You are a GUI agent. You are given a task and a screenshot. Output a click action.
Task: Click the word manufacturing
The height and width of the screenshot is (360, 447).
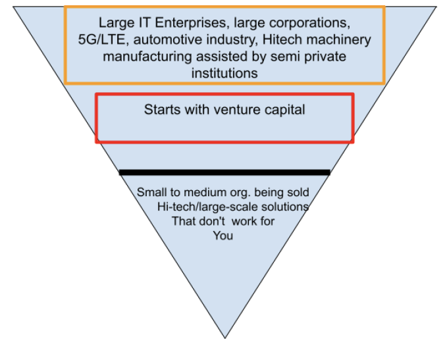(x=142, y=57)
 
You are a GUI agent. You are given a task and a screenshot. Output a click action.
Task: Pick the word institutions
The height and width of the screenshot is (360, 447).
(x=224, y=73)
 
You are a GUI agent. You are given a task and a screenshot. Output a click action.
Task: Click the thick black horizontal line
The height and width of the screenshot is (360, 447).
(x=224, y=172)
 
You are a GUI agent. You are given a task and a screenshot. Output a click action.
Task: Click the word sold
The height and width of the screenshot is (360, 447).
(x=298, y=193)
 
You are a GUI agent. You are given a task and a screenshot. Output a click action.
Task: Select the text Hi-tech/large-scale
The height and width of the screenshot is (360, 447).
(x=209, y=207)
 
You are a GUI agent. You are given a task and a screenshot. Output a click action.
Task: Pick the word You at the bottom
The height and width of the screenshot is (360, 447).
(x=223, y=236)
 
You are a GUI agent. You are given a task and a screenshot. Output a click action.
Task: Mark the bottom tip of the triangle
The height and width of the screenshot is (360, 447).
(x=225, y=338)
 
